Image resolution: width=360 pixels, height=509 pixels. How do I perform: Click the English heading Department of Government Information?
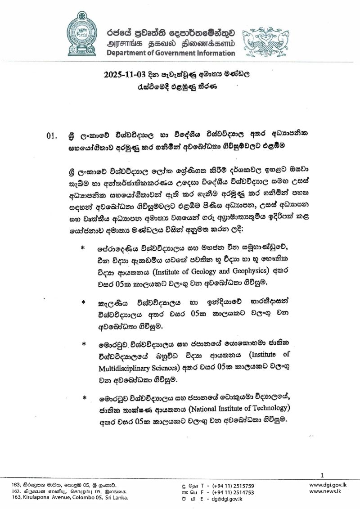(x=171, y=53)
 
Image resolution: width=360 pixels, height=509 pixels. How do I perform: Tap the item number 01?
(x=53, y=135)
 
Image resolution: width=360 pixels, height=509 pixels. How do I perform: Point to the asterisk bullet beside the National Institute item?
(x=84, y=398)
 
